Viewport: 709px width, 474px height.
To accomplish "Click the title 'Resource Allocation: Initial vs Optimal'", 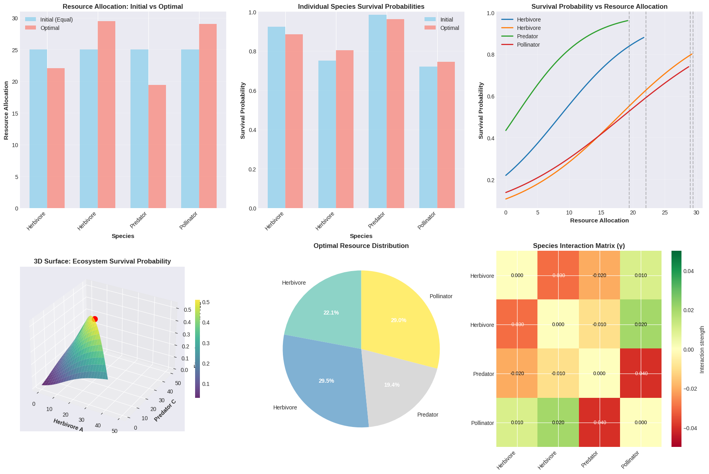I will (123, 6).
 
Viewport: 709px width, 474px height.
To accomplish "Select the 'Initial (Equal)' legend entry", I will (56, 20).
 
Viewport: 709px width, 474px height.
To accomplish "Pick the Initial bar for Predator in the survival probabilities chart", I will (377, 112).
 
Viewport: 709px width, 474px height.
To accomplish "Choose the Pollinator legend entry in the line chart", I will (528, 45).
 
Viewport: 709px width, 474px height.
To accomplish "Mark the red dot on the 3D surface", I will (95, 319).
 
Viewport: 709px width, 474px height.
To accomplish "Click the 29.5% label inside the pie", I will (326, 381).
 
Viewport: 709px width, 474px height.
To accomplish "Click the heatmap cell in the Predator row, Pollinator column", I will (641, 374).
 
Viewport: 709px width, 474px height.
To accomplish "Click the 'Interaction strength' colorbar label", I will (702, 349).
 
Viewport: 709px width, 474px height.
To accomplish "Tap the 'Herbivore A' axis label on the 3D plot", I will (68, 425).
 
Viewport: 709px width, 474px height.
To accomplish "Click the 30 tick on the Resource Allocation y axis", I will (15, 18).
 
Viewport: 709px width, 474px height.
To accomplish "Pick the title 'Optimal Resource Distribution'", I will (361, 246).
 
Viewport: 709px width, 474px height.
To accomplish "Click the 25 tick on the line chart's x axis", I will (664, 213).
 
